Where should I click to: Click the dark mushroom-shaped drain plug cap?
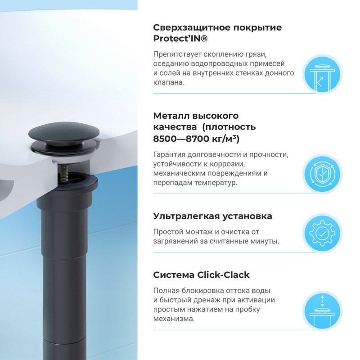pos(63,133)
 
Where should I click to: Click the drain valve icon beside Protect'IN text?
pos(321,75)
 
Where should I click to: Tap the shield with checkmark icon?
pos(321,174)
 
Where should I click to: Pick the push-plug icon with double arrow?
pos(321,311)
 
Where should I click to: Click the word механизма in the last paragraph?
pos(174,319)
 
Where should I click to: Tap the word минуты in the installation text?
pos(266,241)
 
